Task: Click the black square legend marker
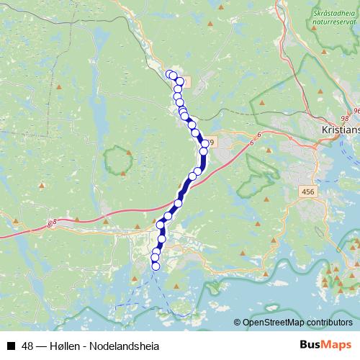10,346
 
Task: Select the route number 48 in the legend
26,346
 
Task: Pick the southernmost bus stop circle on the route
156,266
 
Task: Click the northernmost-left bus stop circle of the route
170,73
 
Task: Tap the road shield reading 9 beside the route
213,143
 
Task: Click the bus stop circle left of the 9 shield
204,144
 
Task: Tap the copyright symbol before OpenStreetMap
238,322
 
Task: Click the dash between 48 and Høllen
40,346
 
